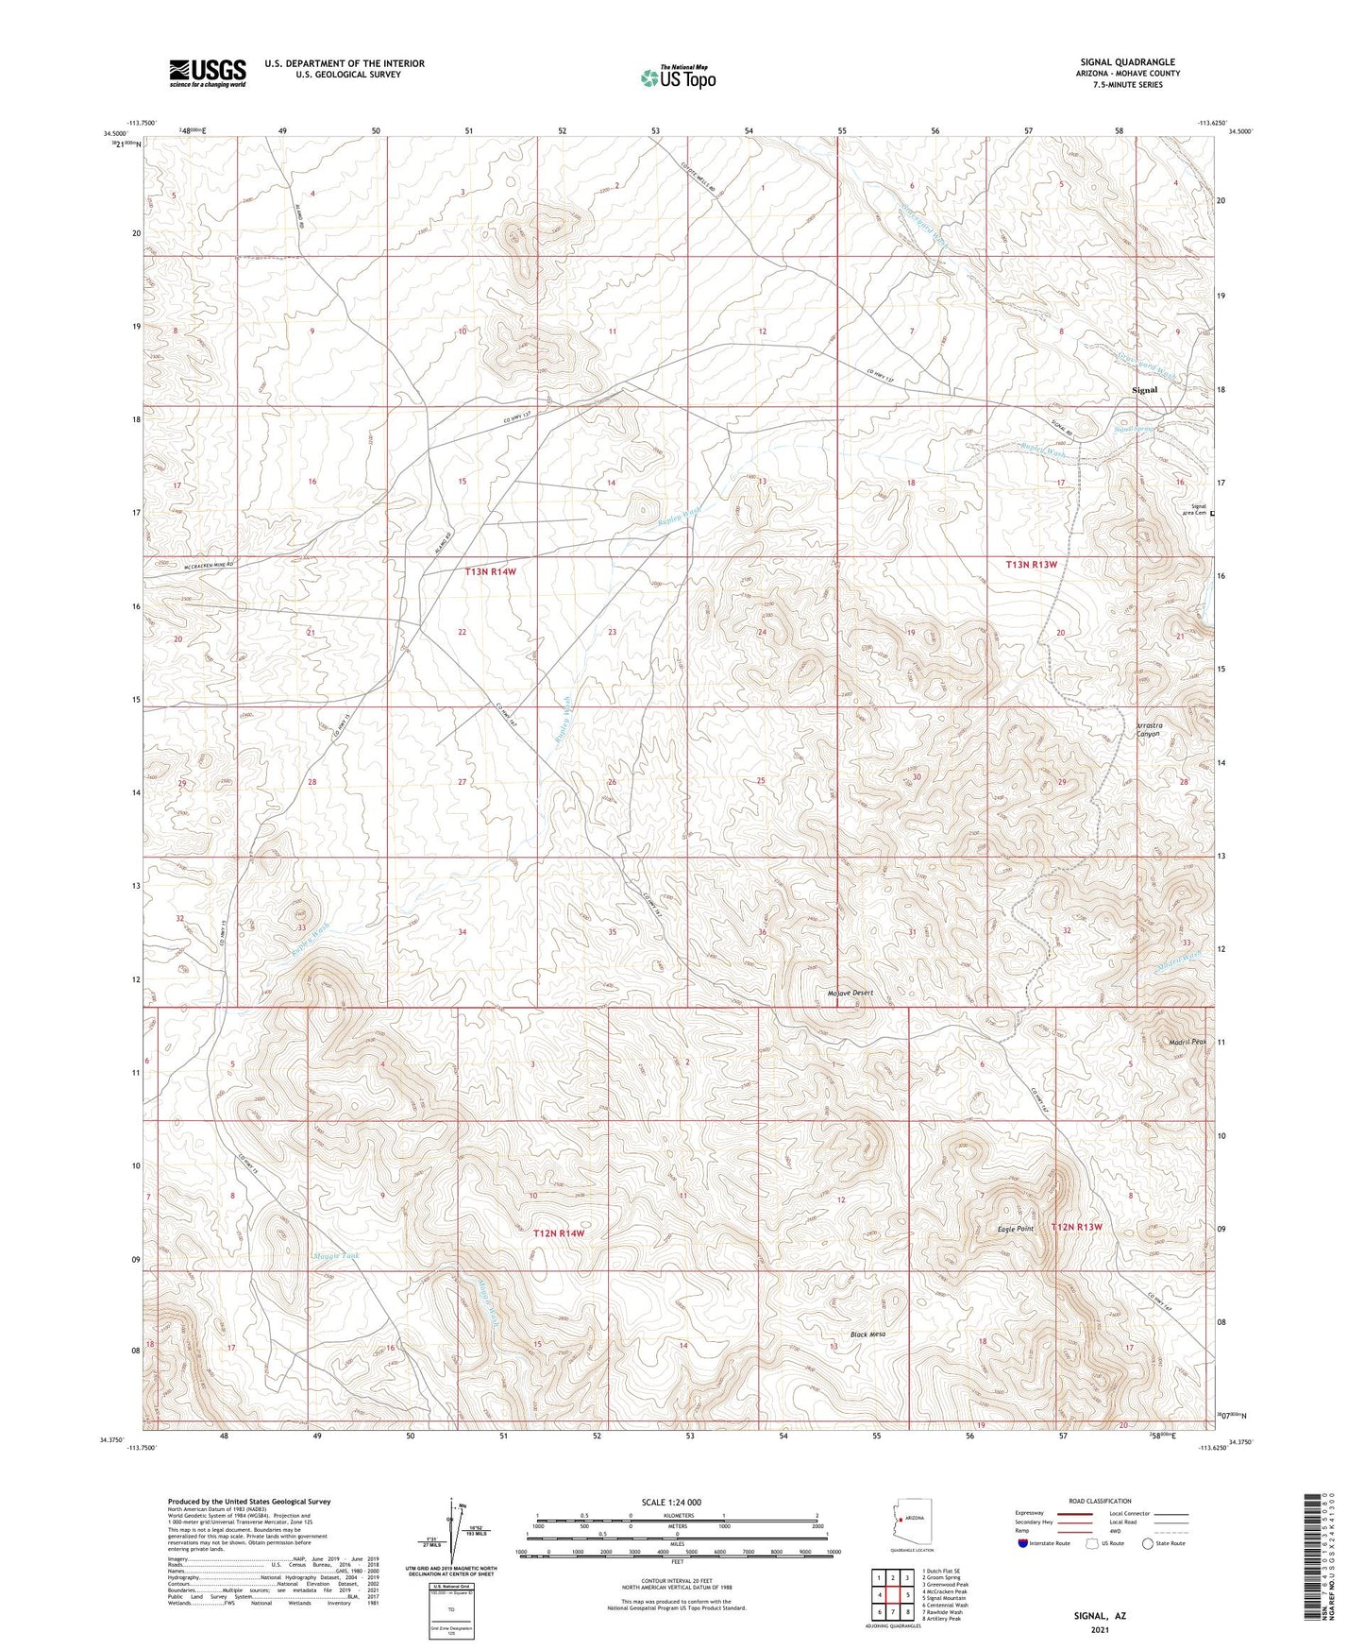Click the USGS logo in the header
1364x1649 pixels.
(208, 73)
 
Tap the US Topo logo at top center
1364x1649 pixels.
(677, 77)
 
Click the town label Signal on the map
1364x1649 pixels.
(1144, 389)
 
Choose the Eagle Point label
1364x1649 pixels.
(1016, 1229)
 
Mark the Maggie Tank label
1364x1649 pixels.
(336, 1256)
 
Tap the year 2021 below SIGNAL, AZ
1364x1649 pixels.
(1100, 1629)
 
